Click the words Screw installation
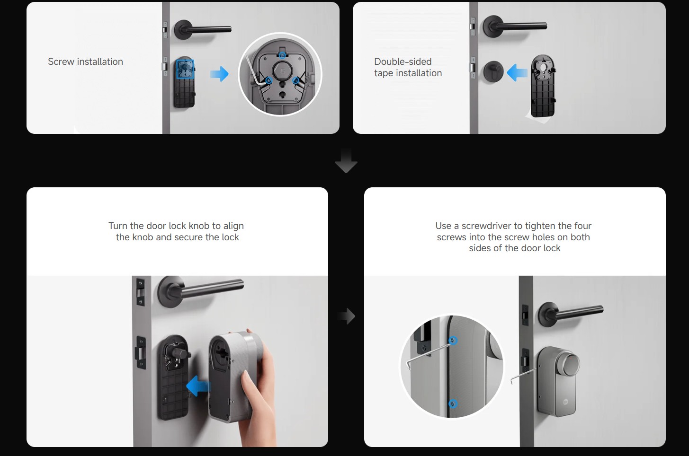(x=86, y=61)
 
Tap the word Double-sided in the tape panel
(x=403, y=61)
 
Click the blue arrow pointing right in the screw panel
(x=219, y=74)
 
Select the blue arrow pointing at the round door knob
(x=517, y=72)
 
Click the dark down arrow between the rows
(x=346, y=161)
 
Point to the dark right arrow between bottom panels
(x=347, y=316)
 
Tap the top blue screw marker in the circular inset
(x=282, y=55)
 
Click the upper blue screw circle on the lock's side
(x=453, y=341)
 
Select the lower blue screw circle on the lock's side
(x=453, y=403)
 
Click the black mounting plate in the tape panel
(x=543, y=86)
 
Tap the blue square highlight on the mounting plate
(x=185, y=69)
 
